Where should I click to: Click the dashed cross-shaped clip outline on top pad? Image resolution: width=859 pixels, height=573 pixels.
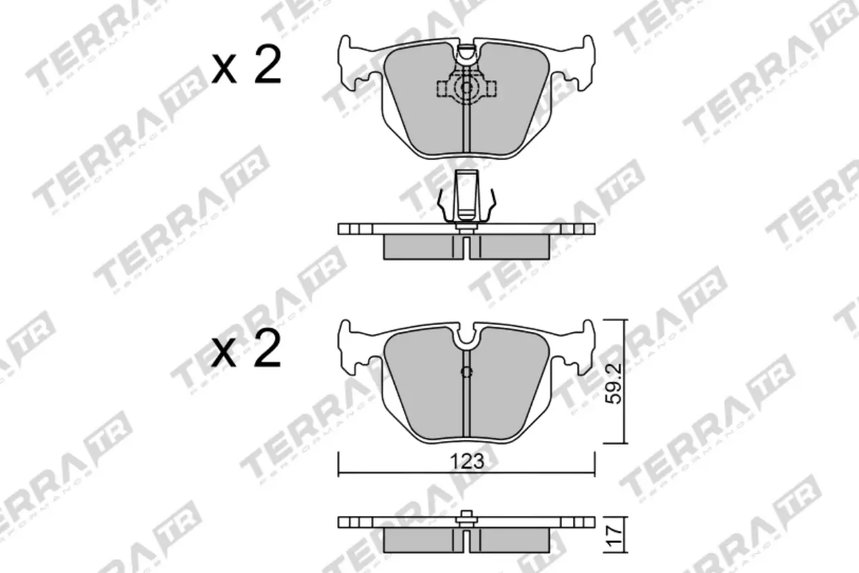pos(467,88)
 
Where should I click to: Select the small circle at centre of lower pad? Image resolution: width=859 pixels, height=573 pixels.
pos(466,372)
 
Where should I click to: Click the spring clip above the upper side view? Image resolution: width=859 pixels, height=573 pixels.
pos(466,197)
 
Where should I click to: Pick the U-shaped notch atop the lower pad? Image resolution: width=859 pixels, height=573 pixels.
pos(466,337)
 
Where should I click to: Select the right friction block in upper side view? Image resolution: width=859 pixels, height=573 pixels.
pos(512,246)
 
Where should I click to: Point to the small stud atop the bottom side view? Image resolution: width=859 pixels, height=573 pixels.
pos(466,515)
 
